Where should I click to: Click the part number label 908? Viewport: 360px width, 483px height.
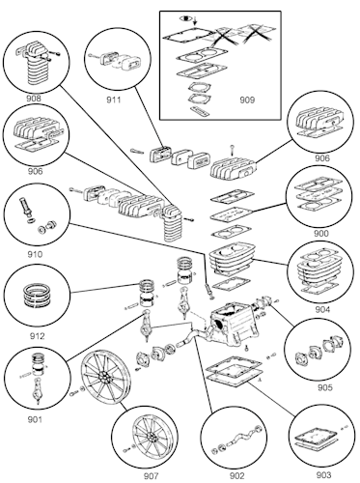click(x=34, y=99)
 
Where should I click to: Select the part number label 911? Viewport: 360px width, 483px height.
click(x=114, y=99)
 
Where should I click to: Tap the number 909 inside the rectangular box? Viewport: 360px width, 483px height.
click(x=247, y=100)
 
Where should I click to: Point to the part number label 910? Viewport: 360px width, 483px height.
click(x=35, y=255)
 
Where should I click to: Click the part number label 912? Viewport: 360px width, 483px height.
click(x=38, y=336)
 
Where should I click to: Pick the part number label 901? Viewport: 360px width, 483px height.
click(x=35, y=419)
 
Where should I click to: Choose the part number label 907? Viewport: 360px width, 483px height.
click(x=152, y=475)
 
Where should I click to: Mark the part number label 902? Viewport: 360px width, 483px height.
click(x=237, y=475)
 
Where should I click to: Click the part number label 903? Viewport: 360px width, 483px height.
click(x=323, y=475)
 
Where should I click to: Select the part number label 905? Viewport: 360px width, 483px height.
click(x=325, y=387)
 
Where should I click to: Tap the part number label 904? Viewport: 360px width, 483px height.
click(x=322, y=309)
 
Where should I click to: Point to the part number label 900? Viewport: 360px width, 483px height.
click(x=321, y=233)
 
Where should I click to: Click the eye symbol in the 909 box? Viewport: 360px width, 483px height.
click(x=185, y=18)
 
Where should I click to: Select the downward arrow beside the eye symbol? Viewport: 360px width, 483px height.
click(x=195, y=21)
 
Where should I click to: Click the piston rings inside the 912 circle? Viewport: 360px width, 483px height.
click(x=37, y=296)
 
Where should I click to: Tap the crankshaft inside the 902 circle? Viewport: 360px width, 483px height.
click(x=239, y=440)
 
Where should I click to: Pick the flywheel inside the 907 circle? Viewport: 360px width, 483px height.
click(x=151, y=437)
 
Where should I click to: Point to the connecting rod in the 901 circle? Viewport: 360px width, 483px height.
click(x=39, y=390)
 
